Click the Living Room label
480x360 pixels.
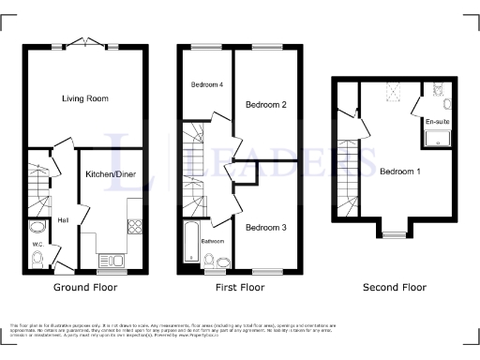(x=85, y=98)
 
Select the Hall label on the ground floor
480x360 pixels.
(x=63, y=220)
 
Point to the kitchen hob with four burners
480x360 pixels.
(x=134, y=225)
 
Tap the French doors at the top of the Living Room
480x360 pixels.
(x=91, y=43)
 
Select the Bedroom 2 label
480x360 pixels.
(x=265, y=105)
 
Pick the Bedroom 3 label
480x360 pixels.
(x=265, y=227)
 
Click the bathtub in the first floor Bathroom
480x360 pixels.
(x=192, y=243)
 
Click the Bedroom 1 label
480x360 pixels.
(x=400, y=172)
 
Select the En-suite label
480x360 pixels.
(x=437, y=123)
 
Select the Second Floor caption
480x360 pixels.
(x=394, y=287)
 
